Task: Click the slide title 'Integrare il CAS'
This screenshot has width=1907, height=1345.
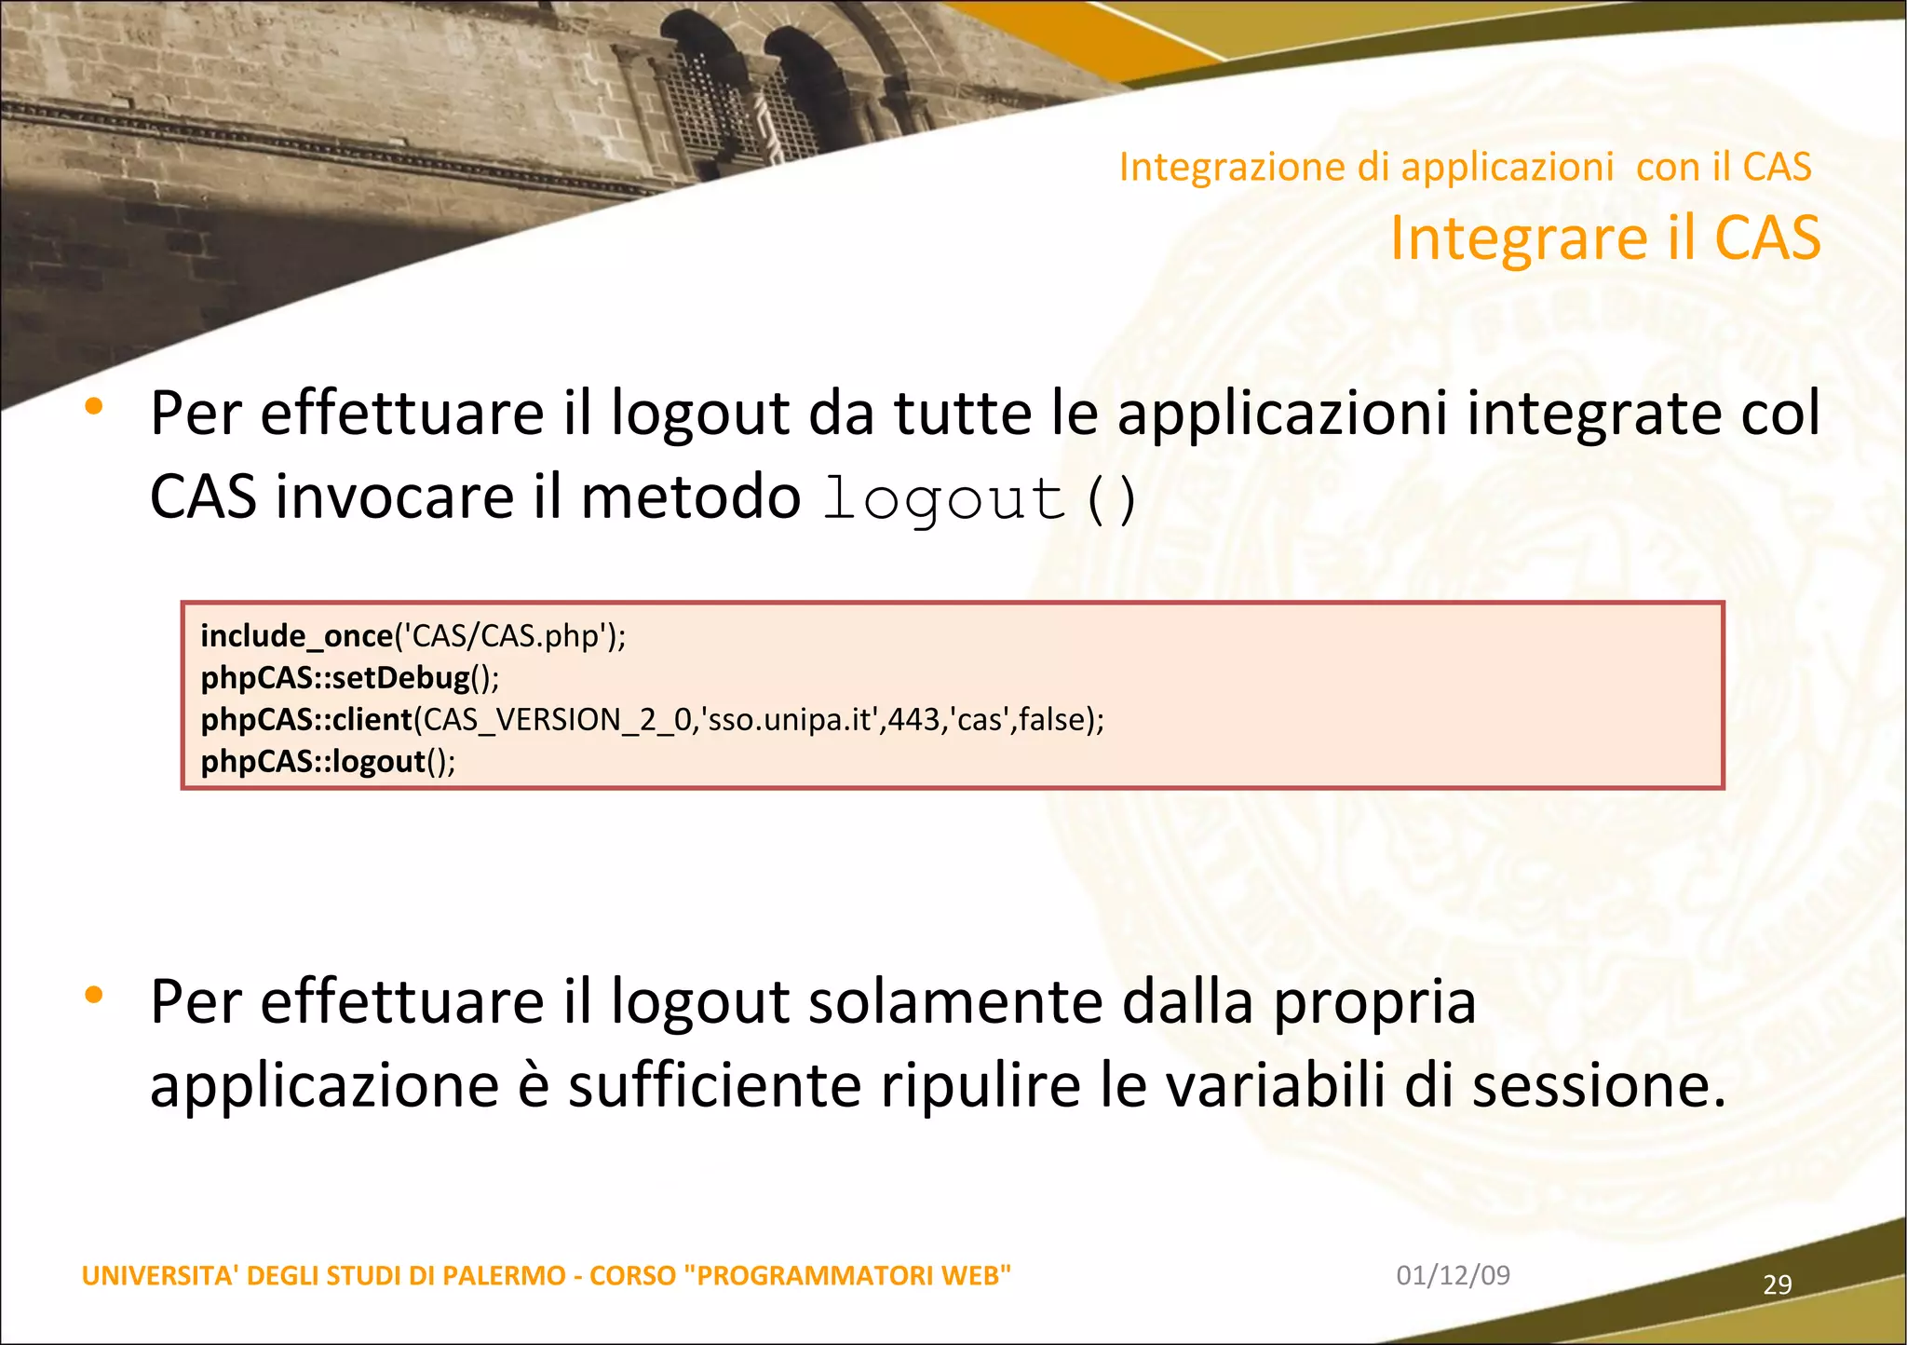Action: click(x=1604, y=238)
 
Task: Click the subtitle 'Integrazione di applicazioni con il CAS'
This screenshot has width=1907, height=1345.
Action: click(x=1465, y=167)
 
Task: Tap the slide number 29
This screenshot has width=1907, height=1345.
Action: click(x=1777, y=1284)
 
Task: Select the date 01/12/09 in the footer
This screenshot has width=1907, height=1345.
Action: click(x=1453, y=1274)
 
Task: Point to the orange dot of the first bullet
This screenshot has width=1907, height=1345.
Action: click(x=93, y=406)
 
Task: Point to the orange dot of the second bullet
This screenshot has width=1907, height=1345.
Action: click(x=93, y=995)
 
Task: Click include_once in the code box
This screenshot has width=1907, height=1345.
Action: click(x=296, y=636)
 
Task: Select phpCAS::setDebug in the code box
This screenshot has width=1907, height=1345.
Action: click(x=335, y=677)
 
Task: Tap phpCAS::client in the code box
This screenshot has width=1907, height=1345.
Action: click(x=306, y=719)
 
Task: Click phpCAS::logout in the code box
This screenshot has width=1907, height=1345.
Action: click(x=313, y=761)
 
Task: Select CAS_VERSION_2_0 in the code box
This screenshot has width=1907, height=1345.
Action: click(x=557, y=720)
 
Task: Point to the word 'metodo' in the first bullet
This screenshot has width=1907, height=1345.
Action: click(x=690, y=496)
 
